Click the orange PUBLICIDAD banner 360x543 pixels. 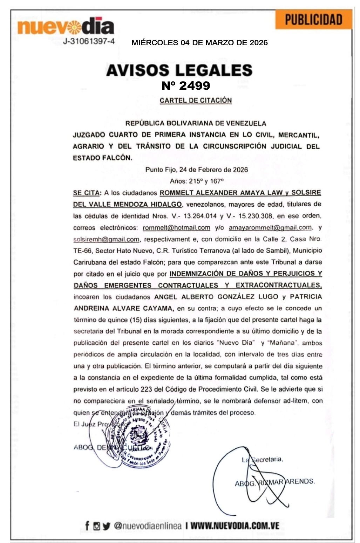point(313,19)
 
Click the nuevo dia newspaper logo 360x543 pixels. point(66,26)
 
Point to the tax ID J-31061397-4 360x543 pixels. point(89,41)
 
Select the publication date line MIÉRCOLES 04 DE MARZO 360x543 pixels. point(199,43)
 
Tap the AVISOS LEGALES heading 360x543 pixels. point(179,70)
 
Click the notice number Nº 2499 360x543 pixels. point(186,85)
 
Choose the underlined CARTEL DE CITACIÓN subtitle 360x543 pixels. point(196,101)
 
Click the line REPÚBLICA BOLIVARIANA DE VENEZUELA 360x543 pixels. point(196,123)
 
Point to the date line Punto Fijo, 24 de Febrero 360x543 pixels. point(197,170)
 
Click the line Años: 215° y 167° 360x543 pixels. point(197,181)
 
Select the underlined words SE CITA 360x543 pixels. point(86,193)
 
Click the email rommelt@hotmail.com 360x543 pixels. point(176,228)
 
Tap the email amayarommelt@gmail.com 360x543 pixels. point(270,228)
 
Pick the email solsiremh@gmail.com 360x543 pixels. point(106,239)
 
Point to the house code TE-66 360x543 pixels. point(82,251)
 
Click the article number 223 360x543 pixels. point(146,389)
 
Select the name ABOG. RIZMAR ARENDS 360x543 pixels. point(274,482)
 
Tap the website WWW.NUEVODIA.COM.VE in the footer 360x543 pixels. point(235,526)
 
